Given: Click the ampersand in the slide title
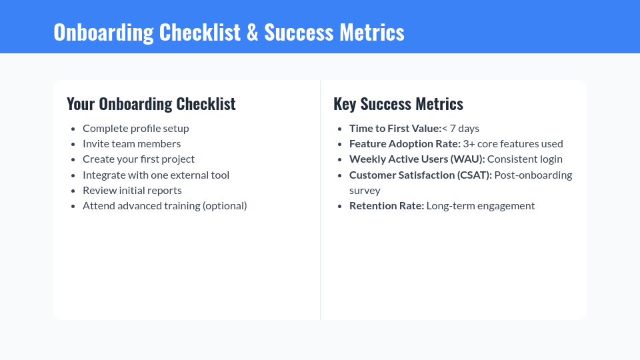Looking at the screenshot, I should coord(252,32).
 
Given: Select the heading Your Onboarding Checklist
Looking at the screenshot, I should coord(151,104).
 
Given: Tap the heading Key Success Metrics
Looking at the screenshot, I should coord(398,104).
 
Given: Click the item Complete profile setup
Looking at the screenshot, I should coord(135,128).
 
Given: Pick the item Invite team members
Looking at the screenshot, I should coord(131,143).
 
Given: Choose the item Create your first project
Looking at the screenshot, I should coord(138,159).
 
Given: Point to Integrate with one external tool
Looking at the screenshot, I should coord(155,175).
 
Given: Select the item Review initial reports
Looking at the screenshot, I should coord(132,190).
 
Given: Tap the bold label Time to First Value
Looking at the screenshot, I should coord(395,128).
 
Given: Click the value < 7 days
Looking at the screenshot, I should coord(461,128).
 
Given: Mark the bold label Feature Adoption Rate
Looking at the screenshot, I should coord(405,143).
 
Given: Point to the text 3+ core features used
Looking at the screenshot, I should coord(513,143).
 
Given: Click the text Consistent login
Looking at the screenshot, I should coord(525,159).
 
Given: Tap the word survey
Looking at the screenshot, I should coord(365,190).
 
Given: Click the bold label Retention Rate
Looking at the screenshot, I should coord(387,205).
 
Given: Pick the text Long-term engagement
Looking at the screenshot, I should coord(480,205).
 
